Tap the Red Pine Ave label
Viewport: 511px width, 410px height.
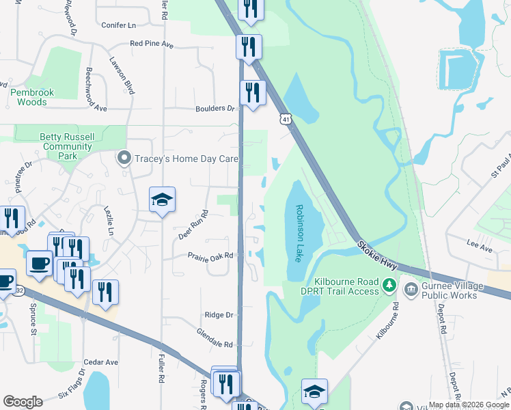(x=152, y=44)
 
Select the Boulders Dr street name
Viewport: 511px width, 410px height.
(x=215, y=109)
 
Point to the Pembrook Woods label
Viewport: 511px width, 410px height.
(x=29, y=97)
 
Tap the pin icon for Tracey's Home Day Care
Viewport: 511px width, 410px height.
(x=124, y=159)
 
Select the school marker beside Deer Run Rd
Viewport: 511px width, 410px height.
(x=162, y=200)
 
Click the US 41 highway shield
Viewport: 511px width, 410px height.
(x=285, y=119)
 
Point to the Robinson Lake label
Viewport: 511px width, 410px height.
(x=299, y=233)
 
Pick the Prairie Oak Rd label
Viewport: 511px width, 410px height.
(x=211, y=256)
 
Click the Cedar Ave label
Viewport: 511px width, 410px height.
(x=101, y=362)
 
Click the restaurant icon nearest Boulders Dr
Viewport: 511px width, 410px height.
(x=253, y=92)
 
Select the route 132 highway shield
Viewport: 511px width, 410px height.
(x=19, y=290)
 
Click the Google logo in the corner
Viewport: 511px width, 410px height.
(x=23, y=401)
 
